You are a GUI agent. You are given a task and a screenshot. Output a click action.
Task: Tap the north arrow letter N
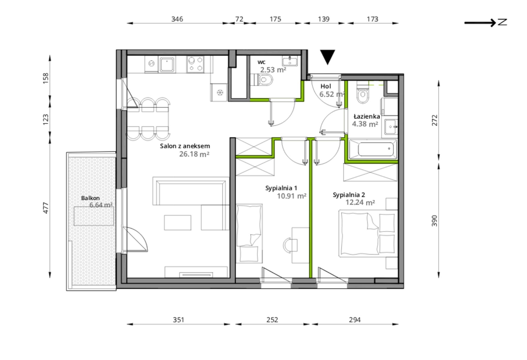[x=502, y=22]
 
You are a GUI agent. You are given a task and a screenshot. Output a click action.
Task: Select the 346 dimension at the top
[x=177, y=19]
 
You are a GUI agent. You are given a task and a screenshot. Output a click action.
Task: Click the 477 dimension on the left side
[x=46, y=208]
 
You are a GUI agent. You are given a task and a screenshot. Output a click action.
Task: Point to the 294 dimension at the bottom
[x=355, y=320]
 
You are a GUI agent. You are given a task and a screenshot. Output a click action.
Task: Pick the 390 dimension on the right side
[x=434, y=221]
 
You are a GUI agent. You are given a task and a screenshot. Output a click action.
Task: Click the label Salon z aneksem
[x=185, y=146]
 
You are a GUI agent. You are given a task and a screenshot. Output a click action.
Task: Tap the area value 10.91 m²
[x=292, y=196]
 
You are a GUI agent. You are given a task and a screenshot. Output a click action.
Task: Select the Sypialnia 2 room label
[x=349, y=195]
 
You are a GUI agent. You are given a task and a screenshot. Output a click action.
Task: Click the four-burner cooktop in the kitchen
[x=195, y=64]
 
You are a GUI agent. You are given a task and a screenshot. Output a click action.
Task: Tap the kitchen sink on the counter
[x=167, y=65]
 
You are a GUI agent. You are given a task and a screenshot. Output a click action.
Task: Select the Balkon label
[x=90, y=198]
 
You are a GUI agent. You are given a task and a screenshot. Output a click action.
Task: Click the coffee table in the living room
[x=178, y=223]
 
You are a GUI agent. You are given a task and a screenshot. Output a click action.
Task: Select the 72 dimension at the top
[x=239, y=19]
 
